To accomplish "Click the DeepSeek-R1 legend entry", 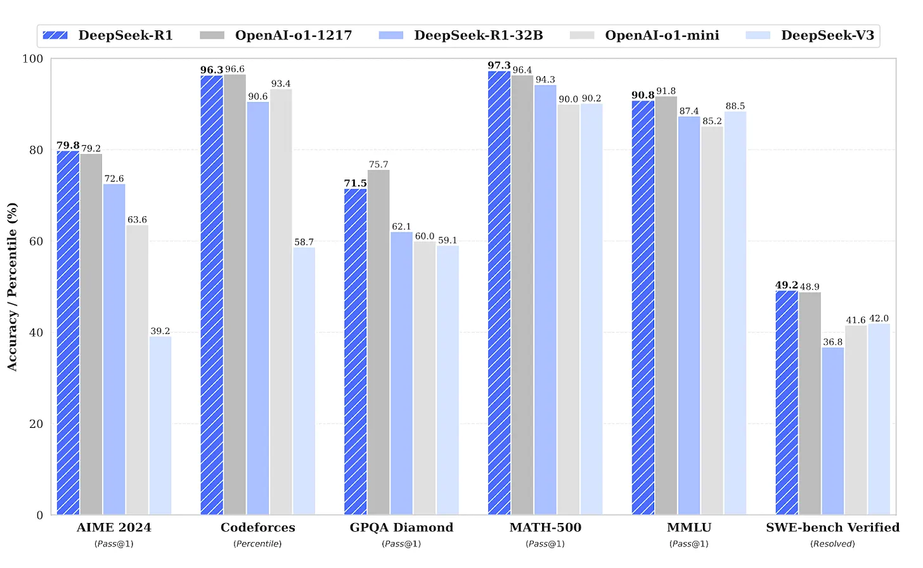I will pyautogui.click(x=108, y=35).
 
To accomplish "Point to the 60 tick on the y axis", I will pyautogui.click(x=36, y=242).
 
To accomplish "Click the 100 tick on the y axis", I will pyautogui.click(x=33, y=59).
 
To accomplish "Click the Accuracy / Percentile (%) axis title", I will pyautogui.click(x=12, y=287).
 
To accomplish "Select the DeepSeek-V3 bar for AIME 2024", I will pyautogui.click(x=160, y=425).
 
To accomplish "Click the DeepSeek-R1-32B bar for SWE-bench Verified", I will pyautogui.click(x=833, y=431).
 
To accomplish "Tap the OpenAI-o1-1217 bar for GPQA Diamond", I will pyautogui.click(x=378, y=342).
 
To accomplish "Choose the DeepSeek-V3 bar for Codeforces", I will pyautogui.click(x=304, y=381).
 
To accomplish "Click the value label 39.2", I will pyautogui.click(x=160, y=331).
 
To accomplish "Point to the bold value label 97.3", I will pyautogui.click(x=499, y=65).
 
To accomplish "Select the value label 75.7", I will pyautogui.click(x=378, y=164).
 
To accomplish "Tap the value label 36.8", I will pyautogui.click(x=833, y=342).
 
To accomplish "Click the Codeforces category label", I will pyautogui.click(x=258, y=527).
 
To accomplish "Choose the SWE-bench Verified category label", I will pyautogui.click(x=832, y=527).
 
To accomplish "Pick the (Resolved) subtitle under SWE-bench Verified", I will pyautogui.click(x=832, y=544).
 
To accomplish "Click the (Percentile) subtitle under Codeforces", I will pyautogui.click(x=258, y=544).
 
